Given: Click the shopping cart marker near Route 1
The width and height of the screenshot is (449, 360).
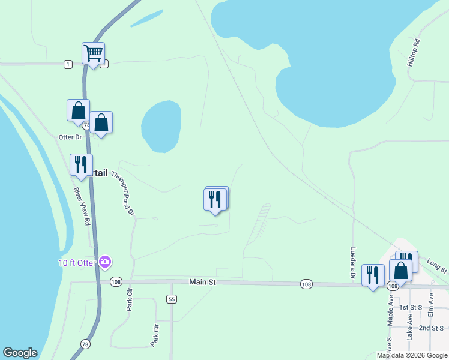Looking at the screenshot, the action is coord(93,54).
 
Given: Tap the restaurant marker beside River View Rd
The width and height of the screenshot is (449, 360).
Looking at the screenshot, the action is coord(81,165).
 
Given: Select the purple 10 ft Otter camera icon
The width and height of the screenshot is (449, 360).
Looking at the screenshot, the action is coord(106,262).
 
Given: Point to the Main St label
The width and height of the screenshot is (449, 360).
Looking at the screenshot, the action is coord(202,281).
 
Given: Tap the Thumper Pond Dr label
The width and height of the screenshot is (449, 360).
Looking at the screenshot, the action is coord(124,193).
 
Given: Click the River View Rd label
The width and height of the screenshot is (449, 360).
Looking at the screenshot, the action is coord(82,206).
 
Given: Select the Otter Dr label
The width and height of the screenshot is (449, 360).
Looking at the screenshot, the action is coord(70,137).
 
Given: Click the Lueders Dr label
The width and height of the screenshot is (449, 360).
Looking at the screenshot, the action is coord(353,263).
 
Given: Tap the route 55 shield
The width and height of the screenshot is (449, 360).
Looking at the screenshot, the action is coord(172,299).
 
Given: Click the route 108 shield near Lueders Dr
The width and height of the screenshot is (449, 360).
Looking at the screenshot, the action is coord(306,284).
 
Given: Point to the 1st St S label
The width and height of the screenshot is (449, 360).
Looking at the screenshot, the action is coord(412,307).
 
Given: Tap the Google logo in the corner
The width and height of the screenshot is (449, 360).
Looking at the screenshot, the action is coord(20,353).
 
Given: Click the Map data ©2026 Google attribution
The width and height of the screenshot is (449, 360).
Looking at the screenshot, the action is coord(412,355).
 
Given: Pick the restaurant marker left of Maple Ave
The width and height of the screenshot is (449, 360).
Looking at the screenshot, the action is coord(373,275).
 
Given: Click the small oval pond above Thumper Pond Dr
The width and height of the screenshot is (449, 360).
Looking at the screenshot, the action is coord(161,126).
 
